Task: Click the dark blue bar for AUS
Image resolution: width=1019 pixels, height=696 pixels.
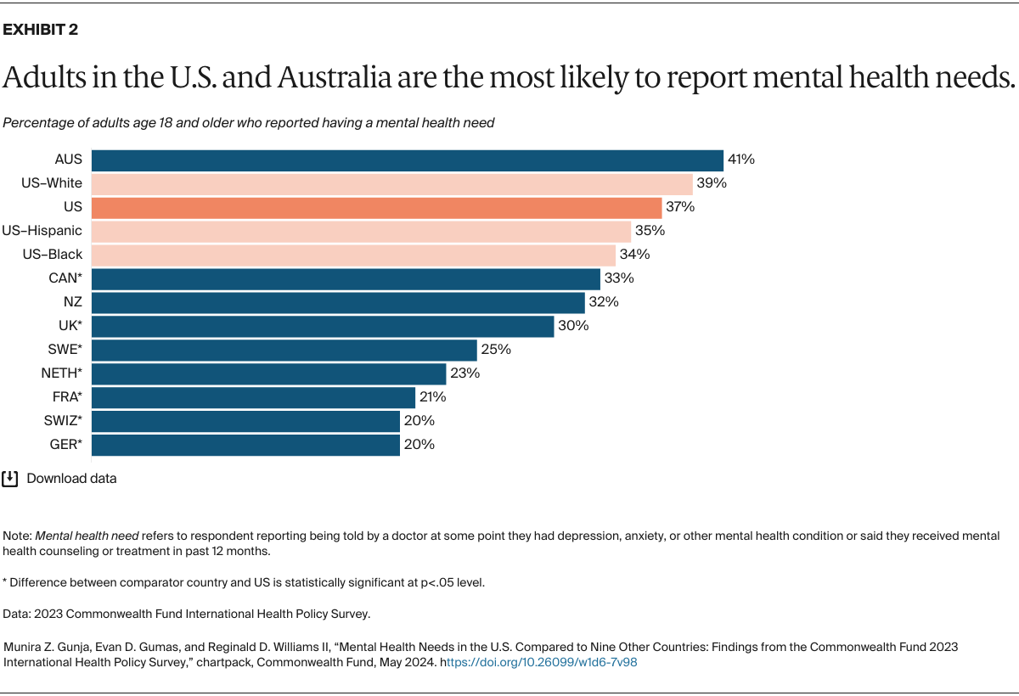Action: click(x=407, y=160)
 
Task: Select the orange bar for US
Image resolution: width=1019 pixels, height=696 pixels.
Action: click(x=376, y=207)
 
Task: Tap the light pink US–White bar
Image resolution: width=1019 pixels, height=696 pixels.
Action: click(x=391, y=183)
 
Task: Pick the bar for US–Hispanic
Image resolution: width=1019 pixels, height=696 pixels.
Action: click(x=361, y=231)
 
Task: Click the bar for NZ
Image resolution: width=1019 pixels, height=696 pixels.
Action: click(x=338, y=302)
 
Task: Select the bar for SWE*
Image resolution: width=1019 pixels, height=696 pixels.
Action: click(x=284, y=350)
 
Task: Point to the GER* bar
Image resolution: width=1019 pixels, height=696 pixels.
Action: click(x=245, y=445)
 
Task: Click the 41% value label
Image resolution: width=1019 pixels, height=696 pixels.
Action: click(x=740, y=160)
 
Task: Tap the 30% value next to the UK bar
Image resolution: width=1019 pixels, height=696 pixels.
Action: click(x=571, y=326)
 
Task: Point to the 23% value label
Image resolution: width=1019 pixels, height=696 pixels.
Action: click(x=464, y=373)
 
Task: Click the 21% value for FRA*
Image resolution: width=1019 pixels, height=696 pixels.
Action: click(x=432, y=397)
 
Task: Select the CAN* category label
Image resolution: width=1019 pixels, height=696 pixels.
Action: click(x=65, y=278)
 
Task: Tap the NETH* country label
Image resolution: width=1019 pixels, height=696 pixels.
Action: click(x=62, y=373)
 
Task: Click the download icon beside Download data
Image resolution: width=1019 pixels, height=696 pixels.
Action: click(x=10, y=479)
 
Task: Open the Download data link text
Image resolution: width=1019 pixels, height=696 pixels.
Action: click(x=71, y=479)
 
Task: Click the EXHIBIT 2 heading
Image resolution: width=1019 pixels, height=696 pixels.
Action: click(x=42, y=31)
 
